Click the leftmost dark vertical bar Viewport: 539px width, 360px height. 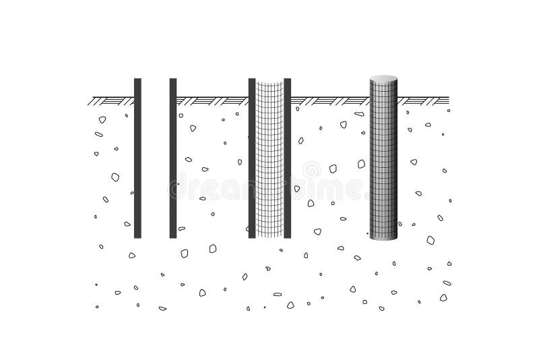click(x=137, y=158)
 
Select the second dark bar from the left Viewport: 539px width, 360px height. click(x=173, y=158)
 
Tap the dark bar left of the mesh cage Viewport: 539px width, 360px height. click(x=252, y=158)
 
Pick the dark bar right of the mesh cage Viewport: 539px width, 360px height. click(x=288, y=158)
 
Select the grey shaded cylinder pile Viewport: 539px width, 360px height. click(x=383, y=162)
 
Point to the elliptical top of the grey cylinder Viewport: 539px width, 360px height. click(x=383, y=79)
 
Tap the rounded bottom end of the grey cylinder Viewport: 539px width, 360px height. click(x=383, y=237)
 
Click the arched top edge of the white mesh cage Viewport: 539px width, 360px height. click(x=269, y=82)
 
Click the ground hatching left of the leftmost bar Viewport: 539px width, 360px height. click(x=111, y=101)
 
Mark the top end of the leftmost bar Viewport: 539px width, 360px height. click(x=137, y=80)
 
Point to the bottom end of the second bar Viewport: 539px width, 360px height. click(x=173, y=236)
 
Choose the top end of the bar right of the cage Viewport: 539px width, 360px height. click(x=288, y=80)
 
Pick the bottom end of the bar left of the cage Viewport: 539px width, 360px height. click(x=252, y=236)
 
